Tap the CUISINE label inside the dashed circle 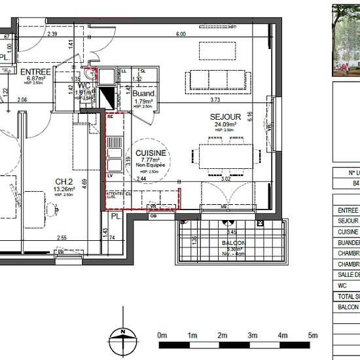tap(151, 153)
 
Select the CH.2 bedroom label tap(64, 182)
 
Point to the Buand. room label tap(145, 94)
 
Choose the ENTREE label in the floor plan tap(35, 71)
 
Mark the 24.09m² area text tap(223, 124)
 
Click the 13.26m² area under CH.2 tap(65, 189)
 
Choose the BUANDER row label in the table tap(347, 242)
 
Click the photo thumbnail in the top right tap(346, 36)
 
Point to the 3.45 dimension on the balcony tap(230, 232)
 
